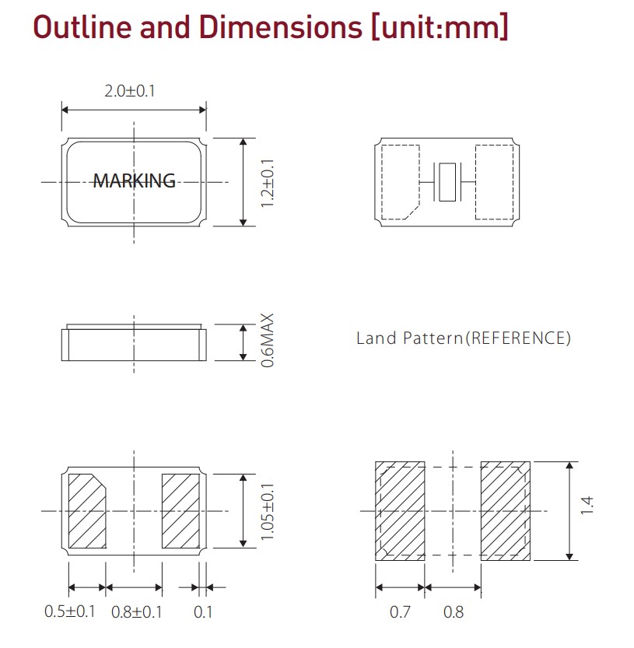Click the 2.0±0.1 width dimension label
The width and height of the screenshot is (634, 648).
tap(130, 91)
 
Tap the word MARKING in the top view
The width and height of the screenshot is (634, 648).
tap(135, 180)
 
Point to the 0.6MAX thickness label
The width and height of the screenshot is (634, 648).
tap(267, 342)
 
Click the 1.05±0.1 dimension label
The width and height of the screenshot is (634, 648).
tap(267, 511)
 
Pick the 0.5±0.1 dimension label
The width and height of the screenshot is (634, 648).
tap(69, 611)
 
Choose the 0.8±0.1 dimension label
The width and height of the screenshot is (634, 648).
tap(137, 611)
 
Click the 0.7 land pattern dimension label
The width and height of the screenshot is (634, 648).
tap(400, 612)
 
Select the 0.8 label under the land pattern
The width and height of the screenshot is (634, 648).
tap(454, 612)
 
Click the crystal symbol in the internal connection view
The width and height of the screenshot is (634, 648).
tap(447, 181)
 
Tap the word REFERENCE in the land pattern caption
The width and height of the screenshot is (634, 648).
tap(519, 338)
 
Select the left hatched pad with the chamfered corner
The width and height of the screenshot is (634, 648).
tap(87, 510)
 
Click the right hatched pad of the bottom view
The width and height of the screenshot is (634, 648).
tap(180, 510)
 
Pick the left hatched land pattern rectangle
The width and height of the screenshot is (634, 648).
tap(401, 510)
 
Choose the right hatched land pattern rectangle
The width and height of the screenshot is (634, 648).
tap(505, 510)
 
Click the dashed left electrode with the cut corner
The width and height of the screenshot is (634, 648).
tap(401, 181)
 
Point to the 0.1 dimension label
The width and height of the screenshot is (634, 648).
tap(203, 611)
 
